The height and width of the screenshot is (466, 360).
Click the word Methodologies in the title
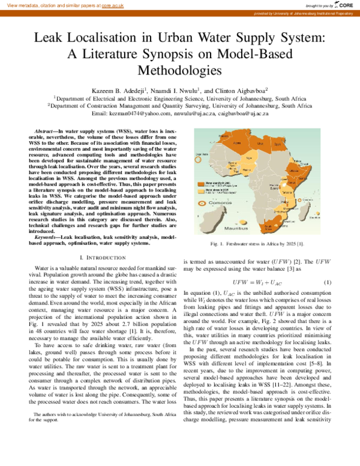click(x=179, y=70)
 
